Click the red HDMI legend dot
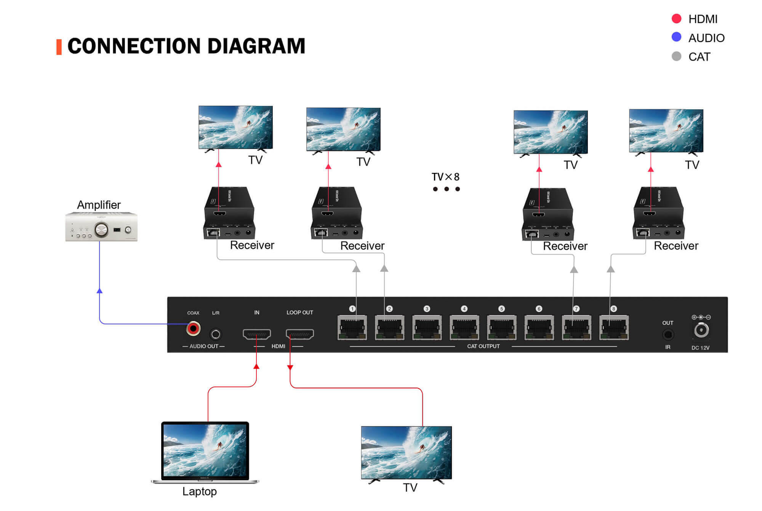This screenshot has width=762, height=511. pyautogui.click(x=676, y=19)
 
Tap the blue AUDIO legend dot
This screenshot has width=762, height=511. pyautogui.click(x=676, y=37)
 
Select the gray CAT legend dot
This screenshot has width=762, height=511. pyautogui.click(x=676, y=56)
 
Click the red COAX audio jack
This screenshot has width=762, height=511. pyautogui.click(x=193, y=328)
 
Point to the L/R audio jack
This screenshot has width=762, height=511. pyautogui.click(x=216, y=334)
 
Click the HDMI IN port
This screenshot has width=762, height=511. pyautogui.click(x=257, y=334)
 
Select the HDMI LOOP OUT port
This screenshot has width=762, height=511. pyautogui.click(x=300, y=334)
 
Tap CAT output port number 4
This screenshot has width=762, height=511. pyautogui.click(x=464, y=327)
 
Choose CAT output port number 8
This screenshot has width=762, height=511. pyautogui.click(x=613, y=327)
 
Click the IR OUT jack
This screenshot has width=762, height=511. pyautogui.click(x=668, y=335)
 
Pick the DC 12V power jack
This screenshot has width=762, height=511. pyautogui.click(x=701, y=330)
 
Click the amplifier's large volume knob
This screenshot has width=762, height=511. pyautogui.click(x=101, y=230)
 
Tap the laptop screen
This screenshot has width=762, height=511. pyautogui.click(x=205, y=450)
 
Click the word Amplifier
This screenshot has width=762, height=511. pyautogui.click(x=99, y=205)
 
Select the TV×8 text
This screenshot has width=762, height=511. pyautogui.click(x=445, y=177)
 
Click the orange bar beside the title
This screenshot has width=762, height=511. pyautogui.click(x=59, y=47)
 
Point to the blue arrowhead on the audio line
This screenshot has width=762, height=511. pyautogui.click(x=99, y=291)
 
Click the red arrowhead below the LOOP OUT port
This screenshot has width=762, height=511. pyautogui.click(x=290, y=367)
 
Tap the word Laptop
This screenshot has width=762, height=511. pyautogui.click(x=199, y=491)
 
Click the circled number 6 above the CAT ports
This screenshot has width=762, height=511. pyautogui.click(x=539, y=309)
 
